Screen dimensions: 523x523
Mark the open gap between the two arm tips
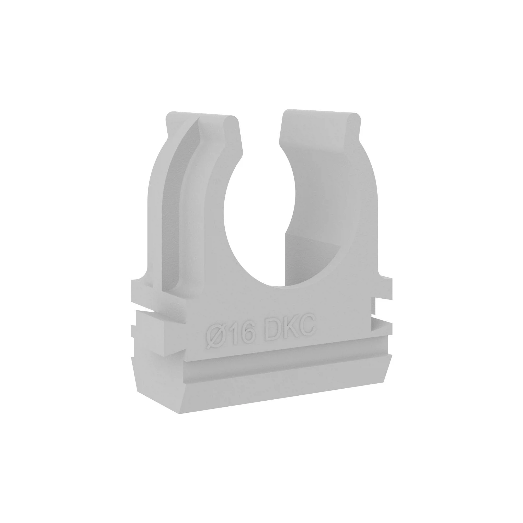click(260, 130)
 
